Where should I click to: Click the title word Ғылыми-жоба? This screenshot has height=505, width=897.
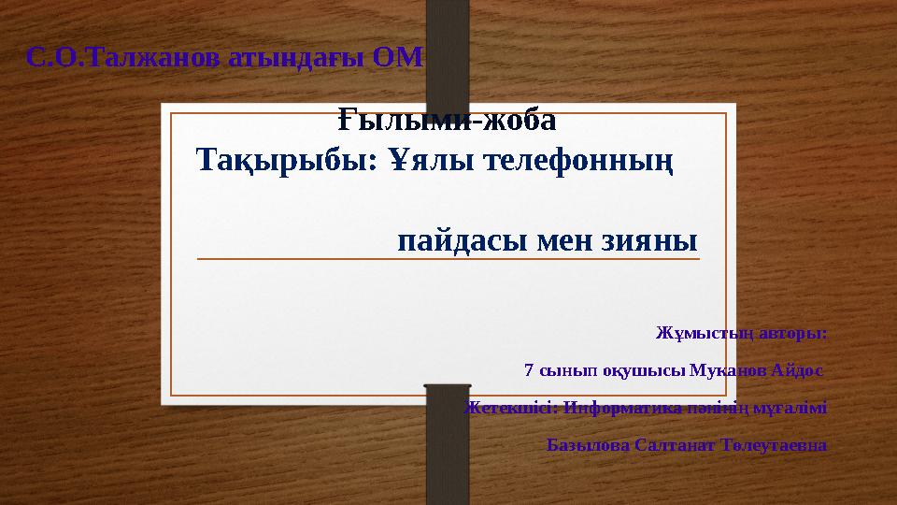[x=446, y=121]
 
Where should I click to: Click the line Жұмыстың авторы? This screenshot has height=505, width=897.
[x=741, y=332]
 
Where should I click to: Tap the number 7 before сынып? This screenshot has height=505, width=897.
[x=530, y=369]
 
